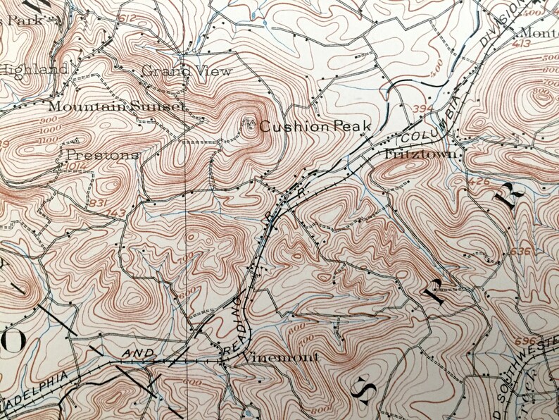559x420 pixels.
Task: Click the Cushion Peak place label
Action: [x=304, y=127]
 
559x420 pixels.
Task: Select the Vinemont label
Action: [x=280, y=357]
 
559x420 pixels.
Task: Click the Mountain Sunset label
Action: [x=116, y=106]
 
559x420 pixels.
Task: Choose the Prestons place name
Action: [x=103, y=154]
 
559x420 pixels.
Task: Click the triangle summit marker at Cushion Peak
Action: [x=248, y=124]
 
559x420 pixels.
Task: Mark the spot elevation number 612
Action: [x=127, y=18]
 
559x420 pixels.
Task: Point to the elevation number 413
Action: [x=522, y=44]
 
